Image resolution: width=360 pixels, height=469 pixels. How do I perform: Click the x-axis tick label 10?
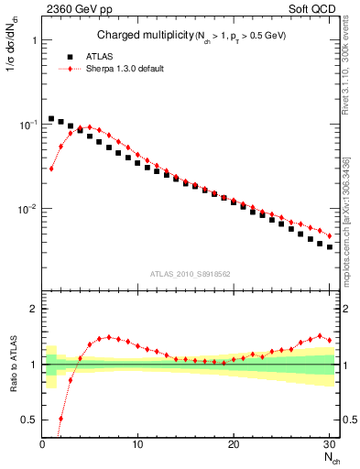tap(137, 444)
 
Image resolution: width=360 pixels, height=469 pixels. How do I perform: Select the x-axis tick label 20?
tap(234, 444)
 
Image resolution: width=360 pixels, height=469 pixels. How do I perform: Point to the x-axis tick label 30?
tap(329, 444)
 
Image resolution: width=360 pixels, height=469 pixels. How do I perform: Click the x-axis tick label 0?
tap(42, 444)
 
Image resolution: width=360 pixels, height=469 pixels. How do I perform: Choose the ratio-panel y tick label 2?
tap(32, 309)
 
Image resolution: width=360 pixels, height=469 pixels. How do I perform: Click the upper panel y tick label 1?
tap(32, 41)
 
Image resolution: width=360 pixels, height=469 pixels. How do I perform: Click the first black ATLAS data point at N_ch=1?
tap(51, 118)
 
